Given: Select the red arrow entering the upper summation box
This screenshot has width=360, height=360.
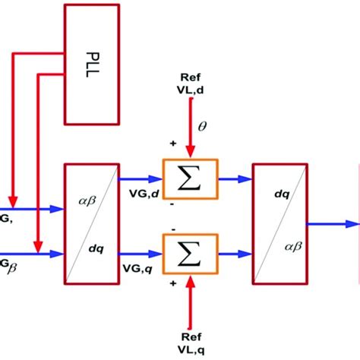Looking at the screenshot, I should [x=189, y=133].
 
